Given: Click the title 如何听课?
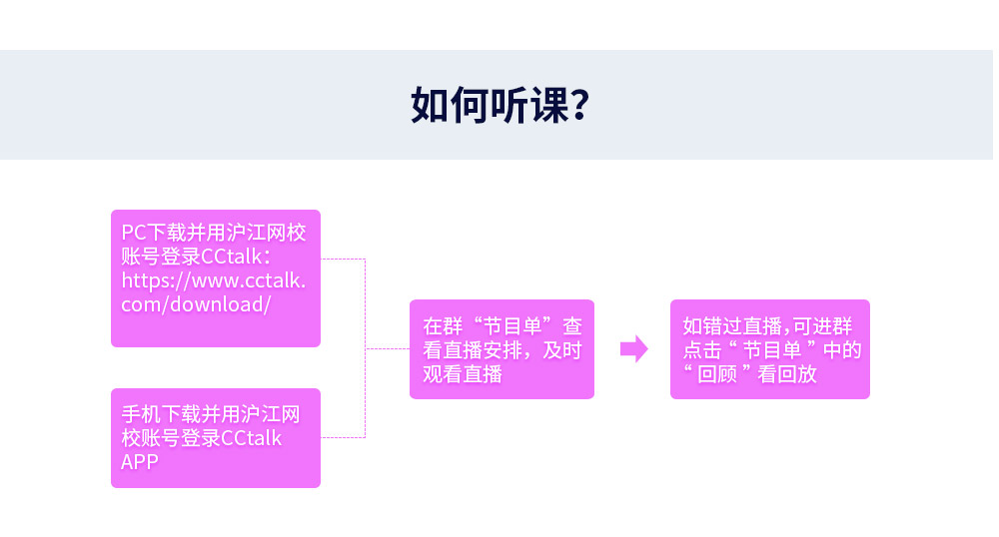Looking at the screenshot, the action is click(x=500, y=105).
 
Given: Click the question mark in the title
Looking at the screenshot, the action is click(x=580, y=105).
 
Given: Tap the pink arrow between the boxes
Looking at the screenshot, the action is click(x=634, y=348).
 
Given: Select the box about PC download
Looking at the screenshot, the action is click(x=216, y=278).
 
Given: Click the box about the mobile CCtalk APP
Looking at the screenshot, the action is click(x=216, y=438).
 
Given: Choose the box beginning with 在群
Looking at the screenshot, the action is click(x=501, y=349).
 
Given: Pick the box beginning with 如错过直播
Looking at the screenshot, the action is click(x=769, y=349).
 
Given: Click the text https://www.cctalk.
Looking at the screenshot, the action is click(x=214, y=280).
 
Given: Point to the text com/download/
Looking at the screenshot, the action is click(x=196, y=304).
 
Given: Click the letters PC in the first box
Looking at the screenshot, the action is click(x=134, y=233).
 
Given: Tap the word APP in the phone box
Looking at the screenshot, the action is click(x=140, y=462).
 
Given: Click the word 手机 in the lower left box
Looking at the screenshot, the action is click(x=141, y=414).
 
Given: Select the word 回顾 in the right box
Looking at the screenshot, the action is click(x=717, y=374).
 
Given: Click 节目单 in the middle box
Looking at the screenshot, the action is click(x=511, y=326).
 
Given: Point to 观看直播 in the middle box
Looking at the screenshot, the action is click(x=463, y=374).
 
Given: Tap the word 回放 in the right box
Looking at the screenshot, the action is click(x=797, y=374).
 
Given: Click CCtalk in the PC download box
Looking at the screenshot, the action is click(x=232, y=257).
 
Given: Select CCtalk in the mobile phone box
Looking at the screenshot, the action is click(x=251, y=438).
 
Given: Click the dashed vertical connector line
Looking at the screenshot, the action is click(x=365, y=348).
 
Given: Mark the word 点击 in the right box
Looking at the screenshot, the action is click(x=702, y=350).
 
